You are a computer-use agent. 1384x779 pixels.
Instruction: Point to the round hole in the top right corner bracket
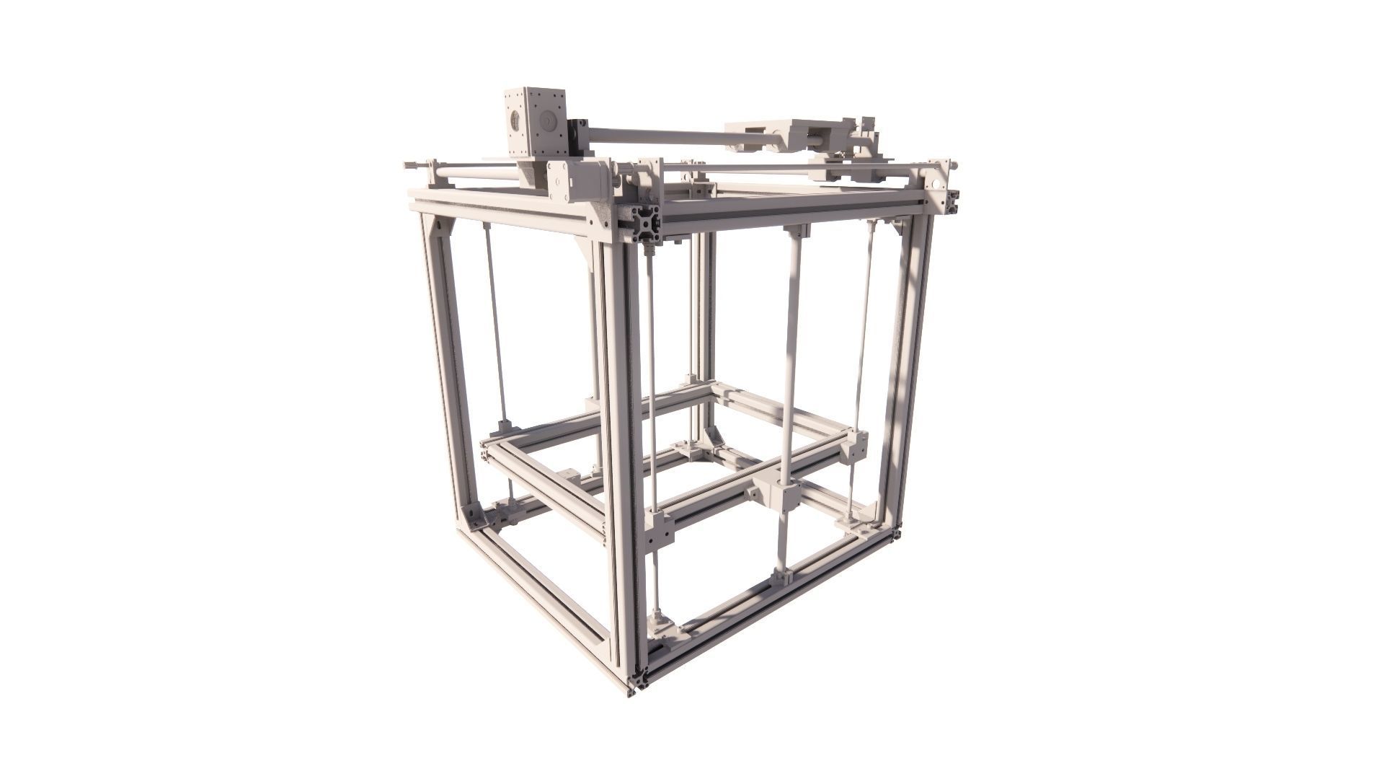[x=936, y=183]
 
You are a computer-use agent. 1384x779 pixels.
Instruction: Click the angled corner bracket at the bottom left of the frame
[x=476, y=516]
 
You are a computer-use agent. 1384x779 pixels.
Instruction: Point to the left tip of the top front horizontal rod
[x=408, y=165]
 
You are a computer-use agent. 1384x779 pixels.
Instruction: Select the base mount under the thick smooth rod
[x=782, y=577]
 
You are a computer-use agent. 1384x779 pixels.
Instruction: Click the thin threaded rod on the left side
[x=496, y=325]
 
